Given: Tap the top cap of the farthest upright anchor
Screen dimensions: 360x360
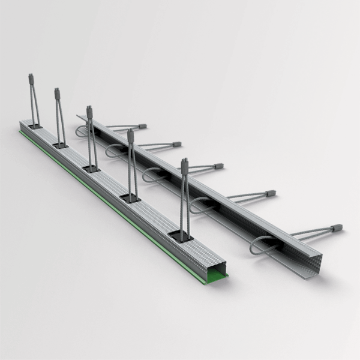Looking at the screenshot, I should [31, 78].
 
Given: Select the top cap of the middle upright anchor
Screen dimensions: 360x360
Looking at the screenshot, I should [89, 111].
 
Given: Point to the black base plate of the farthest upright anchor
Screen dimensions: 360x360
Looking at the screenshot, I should [35, 126].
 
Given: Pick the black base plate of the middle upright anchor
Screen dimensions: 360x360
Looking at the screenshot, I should [91, 169].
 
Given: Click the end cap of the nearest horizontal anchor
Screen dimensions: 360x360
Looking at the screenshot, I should [337, 228].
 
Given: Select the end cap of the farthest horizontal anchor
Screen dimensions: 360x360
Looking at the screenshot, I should [142, 127].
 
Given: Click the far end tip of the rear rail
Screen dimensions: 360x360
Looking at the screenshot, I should [78, 115].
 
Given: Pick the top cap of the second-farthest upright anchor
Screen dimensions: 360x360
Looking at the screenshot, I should [58, 93].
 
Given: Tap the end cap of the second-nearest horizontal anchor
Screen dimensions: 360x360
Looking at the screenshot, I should [271, 193].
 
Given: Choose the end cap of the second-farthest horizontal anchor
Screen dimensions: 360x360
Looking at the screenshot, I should [177, 144].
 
